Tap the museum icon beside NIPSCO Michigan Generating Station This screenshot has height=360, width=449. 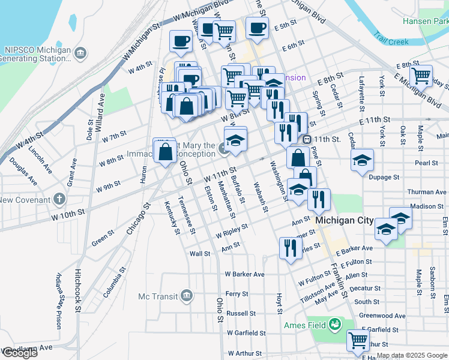79,55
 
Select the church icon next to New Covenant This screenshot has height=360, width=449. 59,199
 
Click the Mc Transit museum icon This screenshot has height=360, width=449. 186,296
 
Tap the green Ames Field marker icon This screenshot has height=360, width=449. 334,326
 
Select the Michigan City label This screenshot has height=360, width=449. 345,220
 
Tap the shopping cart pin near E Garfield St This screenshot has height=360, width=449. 358,340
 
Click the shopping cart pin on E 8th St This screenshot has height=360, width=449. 421,76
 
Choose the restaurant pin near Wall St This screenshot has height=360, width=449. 291,247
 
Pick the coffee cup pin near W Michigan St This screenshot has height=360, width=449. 181,41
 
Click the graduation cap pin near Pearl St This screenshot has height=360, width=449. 362,160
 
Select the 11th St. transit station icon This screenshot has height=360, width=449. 307,139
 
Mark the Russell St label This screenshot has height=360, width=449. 241,313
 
